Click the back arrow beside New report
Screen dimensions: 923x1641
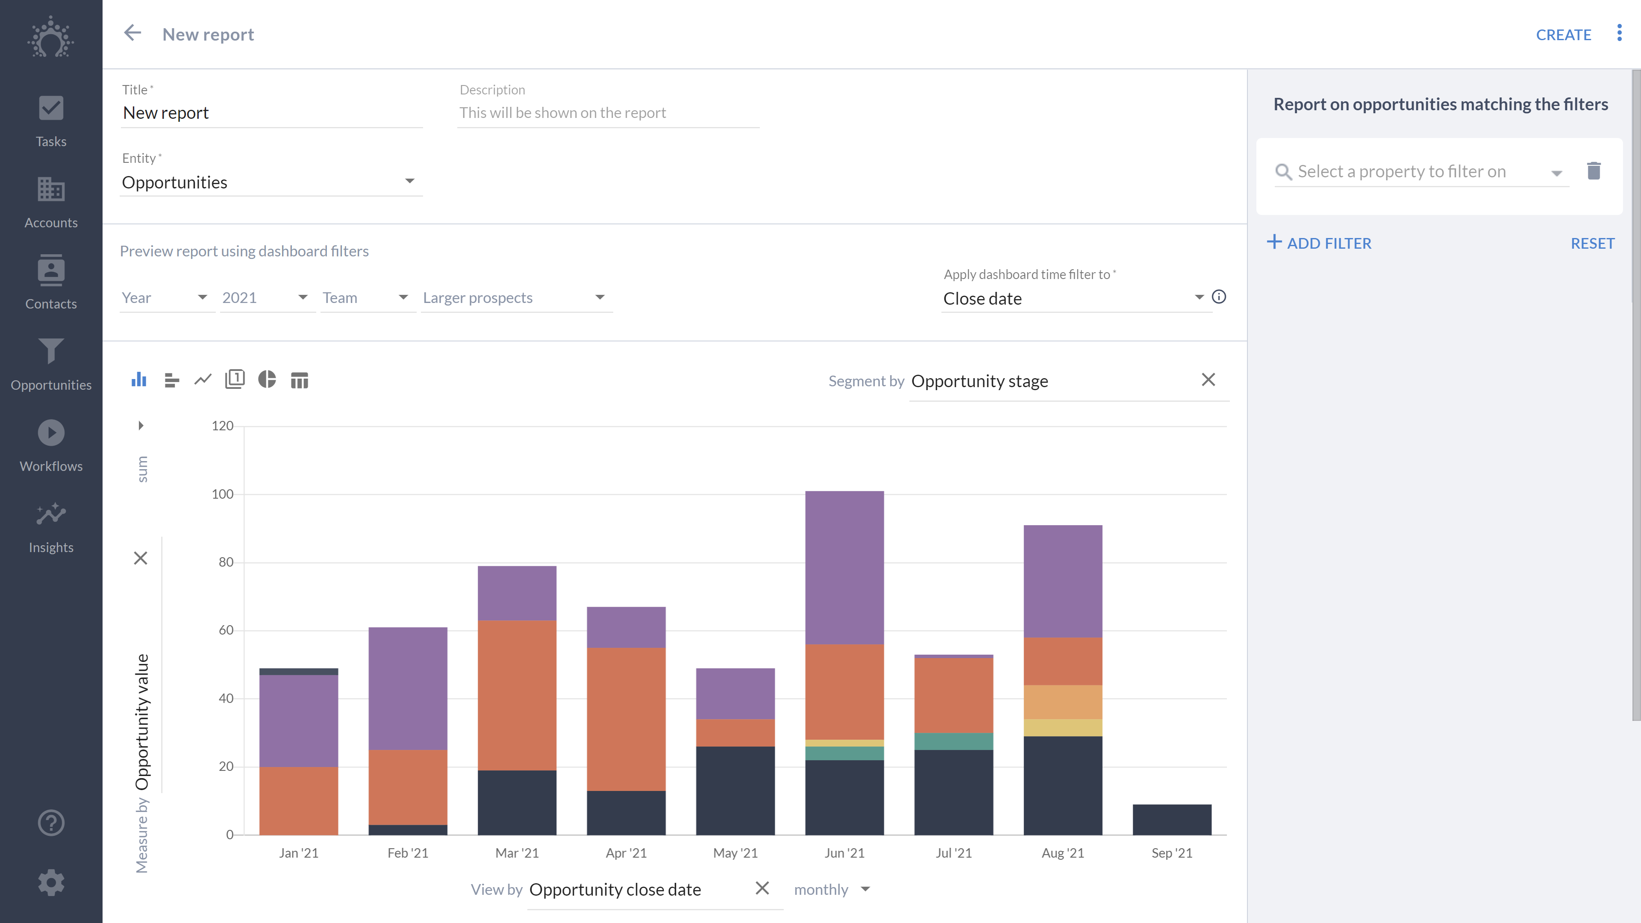coord(132,33)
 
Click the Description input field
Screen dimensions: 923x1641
coord(608,113)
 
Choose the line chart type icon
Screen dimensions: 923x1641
coord(203,379)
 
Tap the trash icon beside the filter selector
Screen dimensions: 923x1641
coord(1593,171)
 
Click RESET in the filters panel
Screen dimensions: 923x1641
coord(1592,243)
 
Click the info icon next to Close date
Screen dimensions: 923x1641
coord(1219,297)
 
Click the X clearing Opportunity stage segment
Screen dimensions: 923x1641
coord(1208,379)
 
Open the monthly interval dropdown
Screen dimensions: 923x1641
coord(831,889)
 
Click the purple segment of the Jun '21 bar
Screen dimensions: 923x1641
coord(844,567)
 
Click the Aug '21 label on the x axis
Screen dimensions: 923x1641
coord(1062,853)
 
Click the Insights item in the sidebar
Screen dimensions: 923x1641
coord(51,527)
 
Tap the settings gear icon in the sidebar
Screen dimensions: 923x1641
coord(51,882)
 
